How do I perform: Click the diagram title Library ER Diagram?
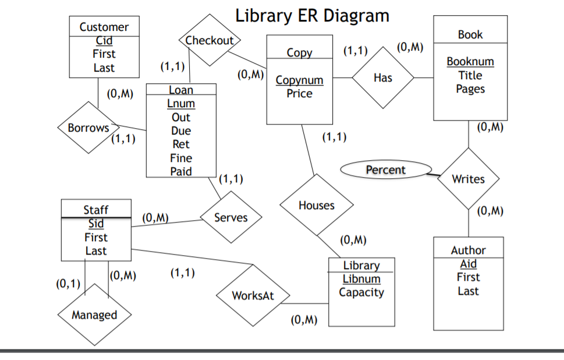point(312,16)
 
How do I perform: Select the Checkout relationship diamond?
point(209,41)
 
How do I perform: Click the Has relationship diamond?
point(383,78)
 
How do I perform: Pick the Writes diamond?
point(468,179)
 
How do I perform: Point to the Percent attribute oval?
point(385,170)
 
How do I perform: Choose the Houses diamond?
point(316,205)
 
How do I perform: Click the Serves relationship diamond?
point(230,218)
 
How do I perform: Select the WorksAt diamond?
point(253,295)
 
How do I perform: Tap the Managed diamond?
point(94,315)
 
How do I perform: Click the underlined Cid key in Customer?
point(104,41)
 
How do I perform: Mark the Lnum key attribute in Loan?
point(181,104)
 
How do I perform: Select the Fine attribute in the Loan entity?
point(181,158)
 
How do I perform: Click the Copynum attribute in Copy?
point(299,80)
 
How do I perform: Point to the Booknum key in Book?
point(470,61)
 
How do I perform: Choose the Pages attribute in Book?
point(470,89)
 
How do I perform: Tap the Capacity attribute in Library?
point(361,292)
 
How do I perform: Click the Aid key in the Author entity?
point(468,264)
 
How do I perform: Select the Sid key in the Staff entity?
point(96,224)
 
